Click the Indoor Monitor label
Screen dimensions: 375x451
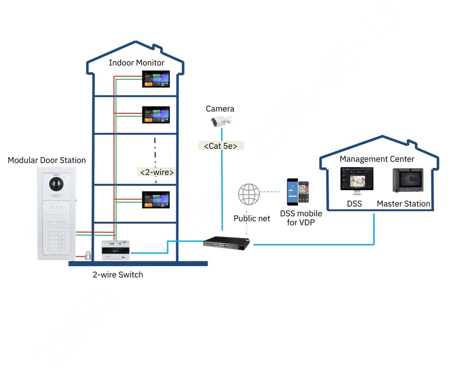click(x=136, y=63)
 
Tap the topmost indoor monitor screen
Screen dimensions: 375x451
click(x=156, y=79)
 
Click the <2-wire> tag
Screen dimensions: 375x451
click(x=157, y=172)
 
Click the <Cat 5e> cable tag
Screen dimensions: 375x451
click(x=220, y=146)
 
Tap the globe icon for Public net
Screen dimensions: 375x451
click(x=249, y=194)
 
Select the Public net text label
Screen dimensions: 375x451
click(x=252, y=218)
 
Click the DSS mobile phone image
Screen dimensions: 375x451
click(x=298, y=192)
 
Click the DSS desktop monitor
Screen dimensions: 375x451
click(x=357, y=181)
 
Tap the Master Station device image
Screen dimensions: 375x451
click(x=407, y=180)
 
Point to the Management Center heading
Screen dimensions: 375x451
click(x=377, y=159)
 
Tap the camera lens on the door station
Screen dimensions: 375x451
click(x=56, y=184)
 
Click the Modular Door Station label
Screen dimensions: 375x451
click(x=47, y=160)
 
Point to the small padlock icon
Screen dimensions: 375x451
click(x=87, y=255)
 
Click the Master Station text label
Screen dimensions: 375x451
click(x=404, y=204)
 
